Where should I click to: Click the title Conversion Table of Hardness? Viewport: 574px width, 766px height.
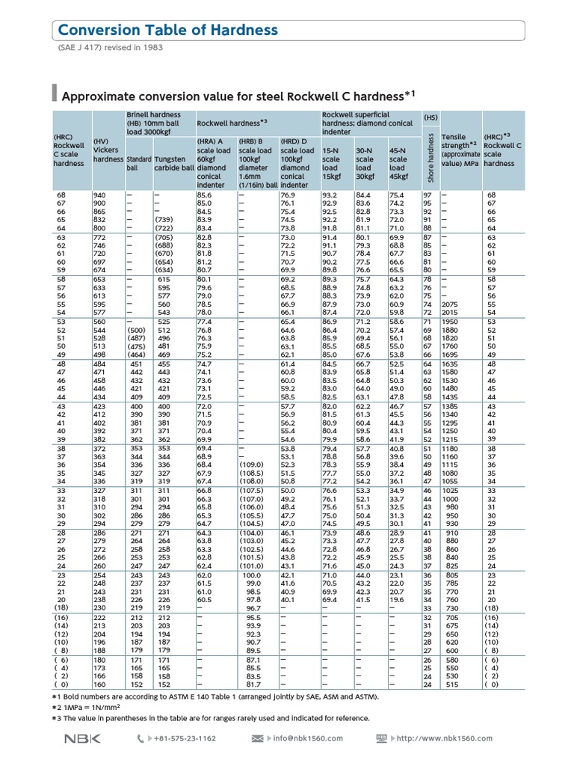click(167, 30)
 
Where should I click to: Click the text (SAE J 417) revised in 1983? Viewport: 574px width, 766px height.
click(110, 48)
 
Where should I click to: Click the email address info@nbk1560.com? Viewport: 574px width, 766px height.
click(306, 738)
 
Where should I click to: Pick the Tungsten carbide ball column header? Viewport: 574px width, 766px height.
click(173, 164)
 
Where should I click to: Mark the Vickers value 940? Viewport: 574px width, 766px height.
click(100, 195)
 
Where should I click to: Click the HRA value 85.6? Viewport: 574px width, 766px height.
click(204, 195)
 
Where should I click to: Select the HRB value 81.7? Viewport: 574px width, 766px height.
click(253, 684)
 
